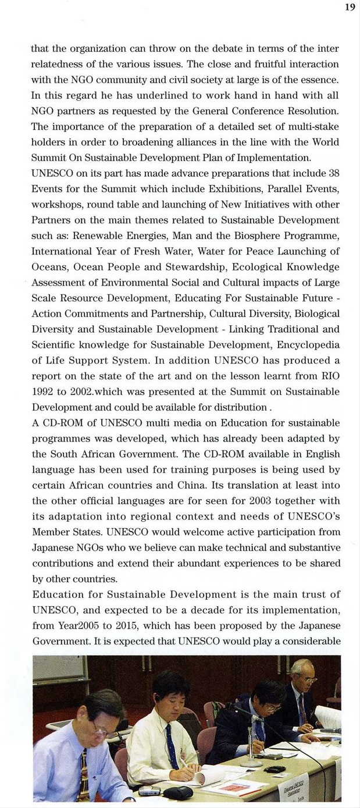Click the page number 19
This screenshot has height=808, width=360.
[350, 8]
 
